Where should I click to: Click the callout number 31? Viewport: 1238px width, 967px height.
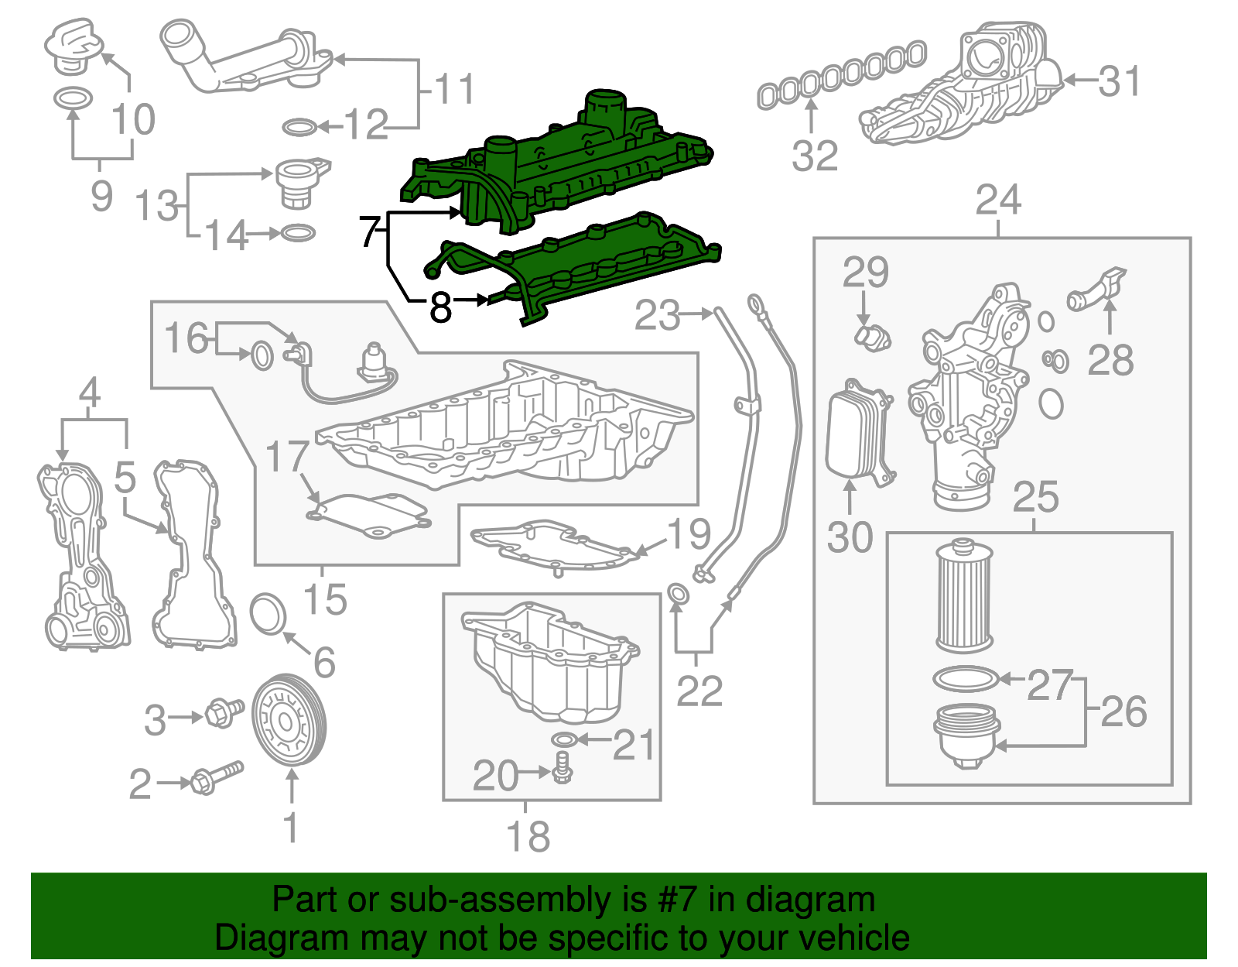coord(1120,81)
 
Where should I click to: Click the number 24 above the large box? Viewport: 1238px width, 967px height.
coord(998,200)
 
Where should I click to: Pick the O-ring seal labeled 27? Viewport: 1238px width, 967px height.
coord(965,679)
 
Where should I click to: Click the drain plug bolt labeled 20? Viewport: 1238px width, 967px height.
coord(563,768)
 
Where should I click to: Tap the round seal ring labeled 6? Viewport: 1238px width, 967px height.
coord(268,614)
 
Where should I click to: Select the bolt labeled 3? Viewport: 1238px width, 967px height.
coord(221,713)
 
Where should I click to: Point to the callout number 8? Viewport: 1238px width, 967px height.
coord(440,307)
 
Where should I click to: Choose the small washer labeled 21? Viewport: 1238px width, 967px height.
coord(565,739)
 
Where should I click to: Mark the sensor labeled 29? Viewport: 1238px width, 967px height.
coord(873,337)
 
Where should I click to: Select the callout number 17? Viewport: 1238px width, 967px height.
coord(287,456)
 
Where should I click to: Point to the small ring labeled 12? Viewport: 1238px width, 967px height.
coord(299,127)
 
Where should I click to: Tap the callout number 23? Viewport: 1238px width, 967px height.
coord(657,315)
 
